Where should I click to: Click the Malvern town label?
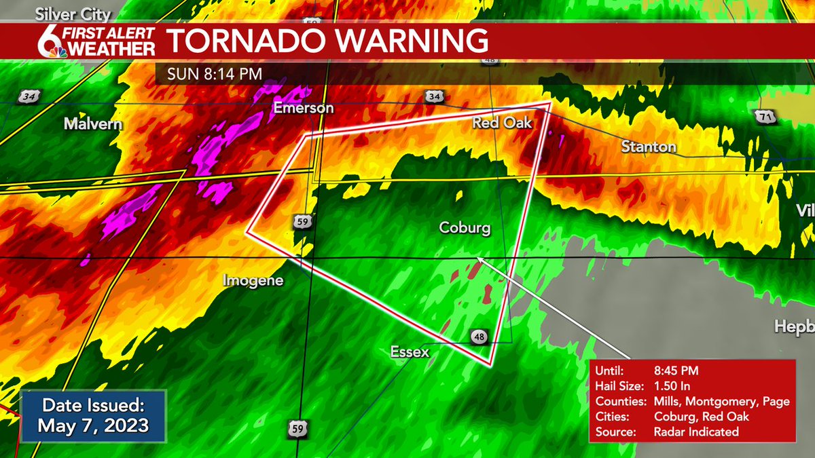93,124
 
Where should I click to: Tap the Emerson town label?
304,109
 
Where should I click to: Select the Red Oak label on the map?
503,123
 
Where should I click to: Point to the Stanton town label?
649,147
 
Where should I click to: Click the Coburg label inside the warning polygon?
465,228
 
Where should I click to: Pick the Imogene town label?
253,280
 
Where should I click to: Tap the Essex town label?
410,351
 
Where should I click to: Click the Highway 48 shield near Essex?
478,337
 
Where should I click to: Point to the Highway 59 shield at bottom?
295,428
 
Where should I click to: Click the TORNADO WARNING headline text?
327,41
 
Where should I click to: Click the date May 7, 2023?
94,426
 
